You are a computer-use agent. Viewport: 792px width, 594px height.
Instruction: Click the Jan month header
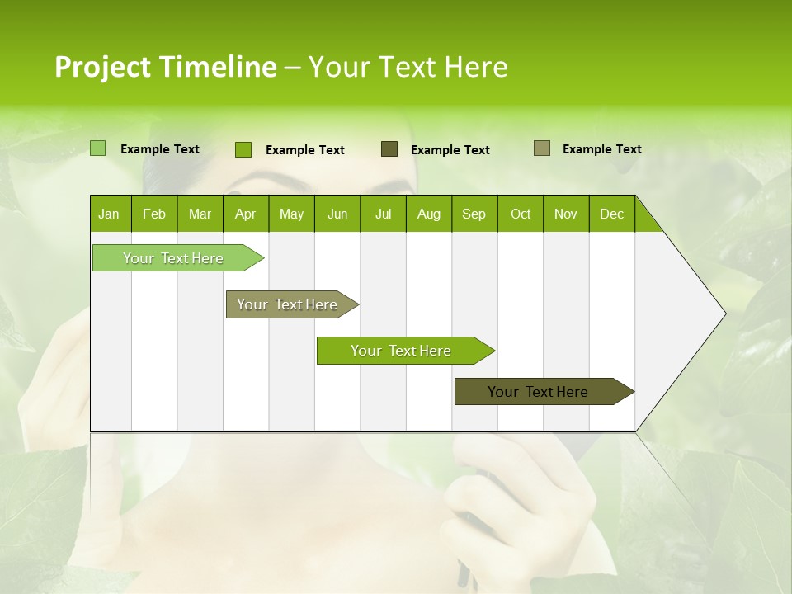(110, 214)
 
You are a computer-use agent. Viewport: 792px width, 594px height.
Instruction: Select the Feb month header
(154, 214)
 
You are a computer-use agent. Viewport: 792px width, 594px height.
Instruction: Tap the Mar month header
(200, 214)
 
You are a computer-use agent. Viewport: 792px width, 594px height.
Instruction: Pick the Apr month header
(246, 214)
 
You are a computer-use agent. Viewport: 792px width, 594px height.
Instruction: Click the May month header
(291, 214)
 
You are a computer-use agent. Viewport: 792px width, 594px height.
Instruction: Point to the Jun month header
(337, 214)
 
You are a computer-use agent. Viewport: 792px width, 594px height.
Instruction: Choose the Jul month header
(383, 214)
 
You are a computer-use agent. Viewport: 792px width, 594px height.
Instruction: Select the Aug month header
(429, 214)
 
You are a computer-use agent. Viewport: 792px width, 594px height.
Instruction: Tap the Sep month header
(474, 214)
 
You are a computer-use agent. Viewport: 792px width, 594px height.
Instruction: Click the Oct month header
(521, 214)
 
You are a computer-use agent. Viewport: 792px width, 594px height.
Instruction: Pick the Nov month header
(566, 214)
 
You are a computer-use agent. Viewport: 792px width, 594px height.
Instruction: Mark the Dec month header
(612, 214)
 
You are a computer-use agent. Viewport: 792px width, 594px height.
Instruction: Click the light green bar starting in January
(174, 258)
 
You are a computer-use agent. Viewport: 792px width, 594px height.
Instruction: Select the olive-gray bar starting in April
(288, 304)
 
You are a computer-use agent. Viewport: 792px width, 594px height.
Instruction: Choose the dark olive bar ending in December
(539, 392)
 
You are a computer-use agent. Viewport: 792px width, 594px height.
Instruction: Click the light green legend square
(97, 148)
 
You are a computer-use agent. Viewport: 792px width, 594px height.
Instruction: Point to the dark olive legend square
(389, 149)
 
